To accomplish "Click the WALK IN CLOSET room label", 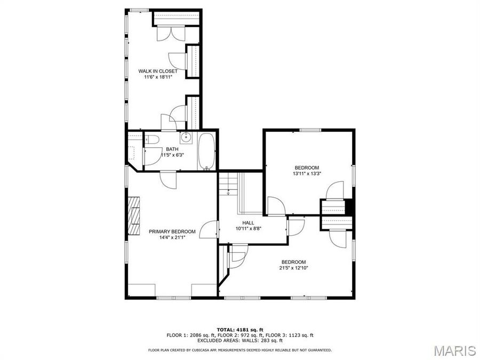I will [158, 71].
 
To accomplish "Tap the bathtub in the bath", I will [207, 151].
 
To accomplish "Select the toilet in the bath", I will [153, 141].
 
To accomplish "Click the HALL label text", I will [249, 223].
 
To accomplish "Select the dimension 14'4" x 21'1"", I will [172, 238].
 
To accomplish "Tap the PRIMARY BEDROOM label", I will [172, 231].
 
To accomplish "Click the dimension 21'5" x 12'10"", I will [293, 268].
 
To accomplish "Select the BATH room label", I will [172, 149].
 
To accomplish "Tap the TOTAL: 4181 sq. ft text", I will [240, 330].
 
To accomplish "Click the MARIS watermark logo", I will [454, 350].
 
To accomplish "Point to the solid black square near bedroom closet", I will [350, 206].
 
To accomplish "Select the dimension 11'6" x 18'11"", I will [158, 77].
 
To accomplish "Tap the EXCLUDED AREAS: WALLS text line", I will [240, 340].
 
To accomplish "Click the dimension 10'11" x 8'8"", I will [249, 229].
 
